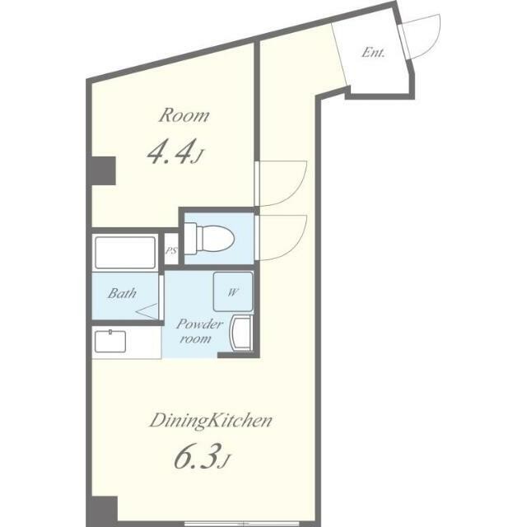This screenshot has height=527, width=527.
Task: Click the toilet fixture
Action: pos(209,239)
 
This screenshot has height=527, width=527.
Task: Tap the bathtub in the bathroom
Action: pos(125,253)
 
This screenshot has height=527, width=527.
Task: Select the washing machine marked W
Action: pos(232,291)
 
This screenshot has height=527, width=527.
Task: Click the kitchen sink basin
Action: pos(110,341)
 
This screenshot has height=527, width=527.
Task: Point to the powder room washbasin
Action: pos(240,333)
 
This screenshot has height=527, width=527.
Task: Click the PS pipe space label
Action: pos(171,250)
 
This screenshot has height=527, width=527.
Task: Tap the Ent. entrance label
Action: pos(373,53)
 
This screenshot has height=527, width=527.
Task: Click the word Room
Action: pos(184,115)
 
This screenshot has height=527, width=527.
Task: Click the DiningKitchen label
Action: pos(211,421)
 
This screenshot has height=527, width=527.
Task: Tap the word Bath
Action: pos(122,293)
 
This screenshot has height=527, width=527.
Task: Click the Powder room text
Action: pos(199,331)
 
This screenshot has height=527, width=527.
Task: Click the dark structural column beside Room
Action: pos(104,170)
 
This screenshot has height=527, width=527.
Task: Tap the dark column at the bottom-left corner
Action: pos(105,511)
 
